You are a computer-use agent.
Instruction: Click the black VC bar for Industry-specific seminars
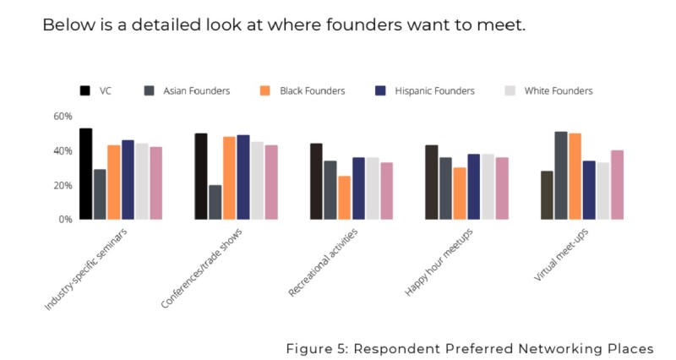pyautogui.click(x=85, y=174)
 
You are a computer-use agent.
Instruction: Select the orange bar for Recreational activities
pyautogui.click(x=344, y=198)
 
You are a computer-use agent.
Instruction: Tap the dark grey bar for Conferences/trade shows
pyautogui.click(x=215, y=203)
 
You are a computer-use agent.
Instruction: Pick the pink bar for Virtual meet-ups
pyautogui.click(x=617, y=185)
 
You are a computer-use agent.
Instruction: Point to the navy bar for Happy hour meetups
pyautogui.click(x=473, y=187)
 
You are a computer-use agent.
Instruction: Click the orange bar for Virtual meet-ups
pyautogui.click(x=575, y=177)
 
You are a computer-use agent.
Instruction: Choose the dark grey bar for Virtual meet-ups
pyautogui.click(x=560, y=176)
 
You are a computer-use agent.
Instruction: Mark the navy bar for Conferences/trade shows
pyautogui.click(x=243, y=177)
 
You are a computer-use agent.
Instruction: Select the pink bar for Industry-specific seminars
pyautogui.click(x=156, y=183)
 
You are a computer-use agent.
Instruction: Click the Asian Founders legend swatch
pyautogui.click(x=150, y=90)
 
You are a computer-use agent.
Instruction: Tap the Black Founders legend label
pyautogui.click(x=312, y=90)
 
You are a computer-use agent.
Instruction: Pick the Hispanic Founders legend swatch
pyautogui.click(x=380, y=90)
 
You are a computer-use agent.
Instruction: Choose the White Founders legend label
pyautogui.click(x=559, y=90)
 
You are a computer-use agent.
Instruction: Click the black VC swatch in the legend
pyautogui.click(x=85, y=90)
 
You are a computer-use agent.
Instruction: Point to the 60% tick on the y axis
pyautogui.click(x=63, y=117)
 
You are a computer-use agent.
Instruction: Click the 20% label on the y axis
pyautogui.click(x=63, y=185)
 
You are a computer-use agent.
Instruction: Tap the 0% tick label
pyautogui.click(x=66, y=219)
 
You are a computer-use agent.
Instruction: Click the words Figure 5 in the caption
pyautogui.click(x=314, y=348)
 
